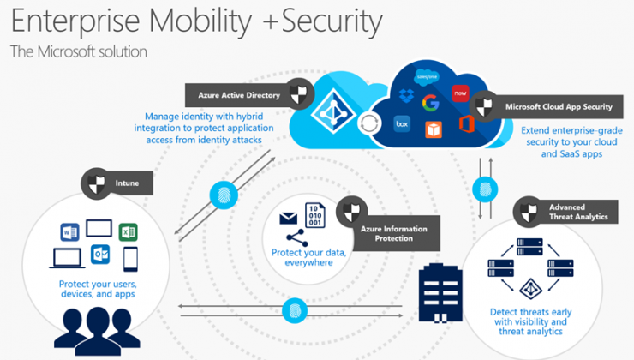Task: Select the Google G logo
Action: [x=430, y=103]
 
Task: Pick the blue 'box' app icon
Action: [x=401, y=124]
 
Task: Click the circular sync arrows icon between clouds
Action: [x=370, y=123]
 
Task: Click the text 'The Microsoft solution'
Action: [x=79, y=52]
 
